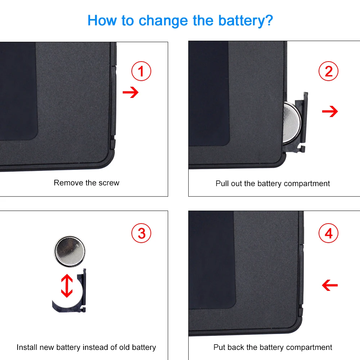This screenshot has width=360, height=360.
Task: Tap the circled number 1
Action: [x=141, y=71]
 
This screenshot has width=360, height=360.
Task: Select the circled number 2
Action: [x=329, y=71]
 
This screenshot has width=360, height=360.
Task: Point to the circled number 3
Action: [x=141, y=233]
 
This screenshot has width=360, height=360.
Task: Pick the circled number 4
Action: [x=329, y=233]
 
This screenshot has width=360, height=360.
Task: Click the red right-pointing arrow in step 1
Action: [x=131, y=92]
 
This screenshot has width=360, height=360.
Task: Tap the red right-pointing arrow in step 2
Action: [x=330, y=111]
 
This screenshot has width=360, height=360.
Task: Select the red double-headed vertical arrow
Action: [x=67, y=286]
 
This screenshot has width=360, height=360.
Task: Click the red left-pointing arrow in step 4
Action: [x=330, y=285]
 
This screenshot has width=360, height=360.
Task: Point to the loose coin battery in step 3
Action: [x=70, y=251]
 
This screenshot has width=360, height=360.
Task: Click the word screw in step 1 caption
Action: [x=109, y=183]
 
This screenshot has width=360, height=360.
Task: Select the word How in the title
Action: [x=102, y=21]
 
